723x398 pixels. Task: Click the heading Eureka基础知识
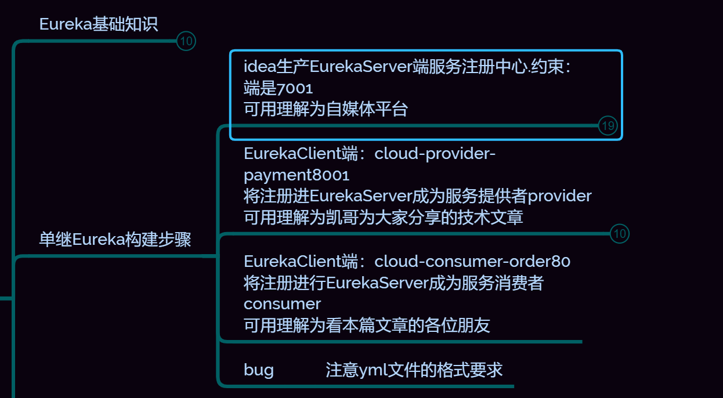[99, 24]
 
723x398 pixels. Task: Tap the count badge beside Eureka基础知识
[186, 41]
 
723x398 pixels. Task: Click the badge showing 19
[608, 126]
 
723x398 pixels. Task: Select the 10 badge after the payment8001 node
[619, 234]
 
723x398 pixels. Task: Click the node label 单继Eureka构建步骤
[115, 240]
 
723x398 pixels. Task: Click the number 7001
[295, 88]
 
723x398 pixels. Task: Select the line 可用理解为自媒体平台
[326, 110]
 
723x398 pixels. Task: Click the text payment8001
[297, 175]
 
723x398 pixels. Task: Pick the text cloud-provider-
[435, 153]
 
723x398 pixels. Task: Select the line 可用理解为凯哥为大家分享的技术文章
[383, 218]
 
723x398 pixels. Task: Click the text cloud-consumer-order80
[472, 261]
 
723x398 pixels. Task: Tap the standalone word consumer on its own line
[282, 304]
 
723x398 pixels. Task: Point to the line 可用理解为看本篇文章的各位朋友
[367, 325]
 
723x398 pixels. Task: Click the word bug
[259, 370]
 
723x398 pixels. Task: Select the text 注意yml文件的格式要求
[414, 370]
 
